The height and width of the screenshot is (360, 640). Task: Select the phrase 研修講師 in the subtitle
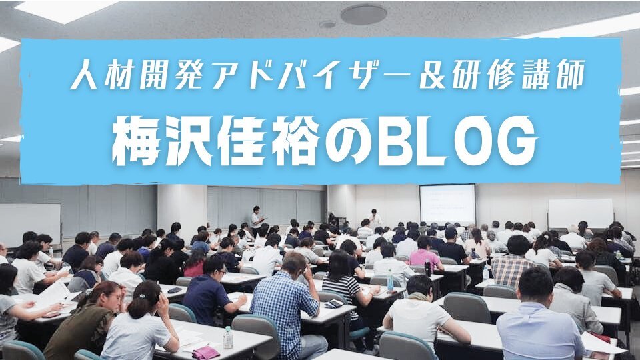517,75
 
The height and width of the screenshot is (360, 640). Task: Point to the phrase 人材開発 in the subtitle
138,75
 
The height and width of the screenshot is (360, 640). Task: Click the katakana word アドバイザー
311,75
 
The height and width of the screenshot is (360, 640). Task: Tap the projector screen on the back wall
447,204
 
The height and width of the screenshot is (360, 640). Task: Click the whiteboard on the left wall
30,225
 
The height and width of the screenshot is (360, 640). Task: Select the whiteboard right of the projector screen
581,213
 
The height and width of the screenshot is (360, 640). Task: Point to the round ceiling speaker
363,14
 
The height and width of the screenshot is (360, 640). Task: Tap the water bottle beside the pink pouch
228,337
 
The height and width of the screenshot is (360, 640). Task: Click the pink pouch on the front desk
205,352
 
